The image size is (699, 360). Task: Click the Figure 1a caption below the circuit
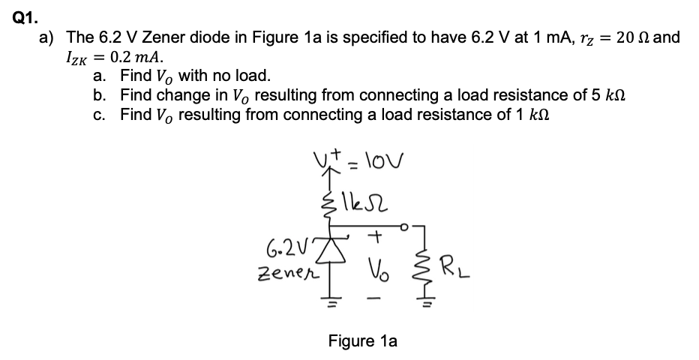pos(362,340)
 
